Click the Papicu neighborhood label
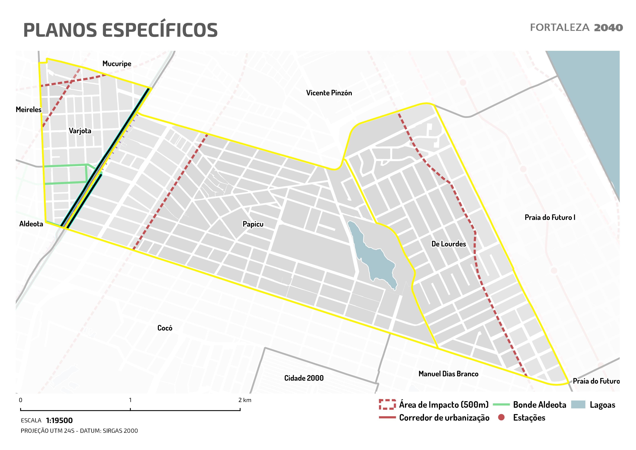point(253,224)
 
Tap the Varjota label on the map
point(80,131)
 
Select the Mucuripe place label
point(117,64)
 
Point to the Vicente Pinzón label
point(329,93)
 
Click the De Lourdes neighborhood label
point(448,244)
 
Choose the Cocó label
point(165,328)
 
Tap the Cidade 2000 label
point(304,378)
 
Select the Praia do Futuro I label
point(550,217)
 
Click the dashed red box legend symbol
point(387,405)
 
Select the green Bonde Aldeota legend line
point(501,405)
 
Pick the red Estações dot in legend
point(501,417)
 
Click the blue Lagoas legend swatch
point(578,405)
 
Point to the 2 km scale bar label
point(245,400)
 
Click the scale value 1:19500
point(59,420)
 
